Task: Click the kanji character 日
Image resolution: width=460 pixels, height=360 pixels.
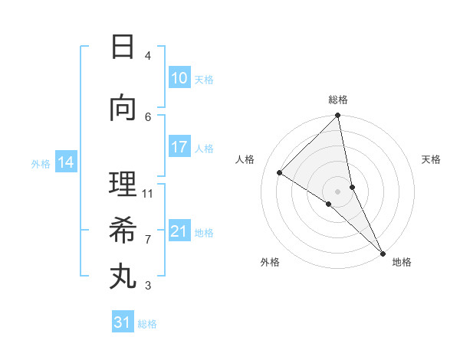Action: [123, 47]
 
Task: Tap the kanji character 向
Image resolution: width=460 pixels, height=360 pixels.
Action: [123, 108]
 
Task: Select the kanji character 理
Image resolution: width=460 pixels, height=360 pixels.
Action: [123, 184]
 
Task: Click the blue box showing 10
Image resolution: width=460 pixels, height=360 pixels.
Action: [179, 78]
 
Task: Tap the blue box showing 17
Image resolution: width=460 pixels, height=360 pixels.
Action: [179, 147]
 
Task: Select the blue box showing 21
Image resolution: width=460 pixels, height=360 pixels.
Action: [179, 231]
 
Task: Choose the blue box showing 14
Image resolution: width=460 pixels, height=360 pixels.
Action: [65, 162]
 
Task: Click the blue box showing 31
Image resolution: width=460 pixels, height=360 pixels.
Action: [122, 322]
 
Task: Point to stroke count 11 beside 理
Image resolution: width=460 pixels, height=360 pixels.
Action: [148, 194]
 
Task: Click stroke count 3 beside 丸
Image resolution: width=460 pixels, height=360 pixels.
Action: [148, 286]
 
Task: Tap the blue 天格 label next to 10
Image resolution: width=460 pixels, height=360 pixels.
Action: [204, 80]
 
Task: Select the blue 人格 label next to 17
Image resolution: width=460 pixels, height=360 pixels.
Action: [204, 149]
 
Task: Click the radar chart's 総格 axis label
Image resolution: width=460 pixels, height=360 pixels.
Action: [337, 100]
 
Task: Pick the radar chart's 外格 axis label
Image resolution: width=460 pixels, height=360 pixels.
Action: [270, 262]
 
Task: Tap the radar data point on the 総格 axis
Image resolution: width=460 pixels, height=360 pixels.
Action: [337, 116]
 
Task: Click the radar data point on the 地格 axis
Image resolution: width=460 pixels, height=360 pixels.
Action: [382, 252]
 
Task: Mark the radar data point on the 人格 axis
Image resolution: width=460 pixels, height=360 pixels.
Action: [280, 173]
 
